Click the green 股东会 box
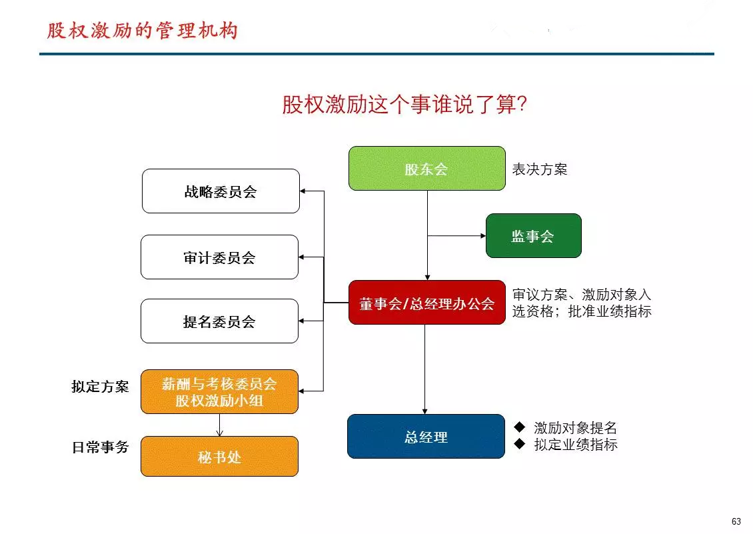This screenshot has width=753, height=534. [427, 168]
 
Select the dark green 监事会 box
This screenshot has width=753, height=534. [534, 235]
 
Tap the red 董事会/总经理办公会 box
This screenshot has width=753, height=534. [427, 302]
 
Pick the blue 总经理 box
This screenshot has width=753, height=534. [426, 437]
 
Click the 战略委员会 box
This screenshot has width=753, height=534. [221, 191]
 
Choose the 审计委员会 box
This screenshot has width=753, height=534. [219, 257]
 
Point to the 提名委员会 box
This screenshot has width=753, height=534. [219, 321]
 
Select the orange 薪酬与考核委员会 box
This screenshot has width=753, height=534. [219, 392]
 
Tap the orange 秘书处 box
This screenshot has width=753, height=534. [219, 457]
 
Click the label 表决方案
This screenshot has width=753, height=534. [539, 169]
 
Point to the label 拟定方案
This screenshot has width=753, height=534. [100, 387]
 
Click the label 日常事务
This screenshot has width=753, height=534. [100, 447]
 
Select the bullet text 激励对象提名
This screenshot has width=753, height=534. [575, 427]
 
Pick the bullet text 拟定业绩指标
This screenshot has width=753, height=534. [576, 444]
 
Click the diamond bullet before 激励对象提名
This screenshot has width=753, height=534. [520, 427]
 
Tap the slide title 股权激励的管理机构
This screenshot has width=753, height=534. [143, 30]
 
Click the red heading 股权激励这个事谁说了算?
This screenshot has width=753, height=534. [404, 104]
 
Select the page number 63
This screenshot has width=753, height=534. [736, 521]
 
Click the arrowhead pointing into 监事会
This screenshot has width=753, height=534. [483, 235]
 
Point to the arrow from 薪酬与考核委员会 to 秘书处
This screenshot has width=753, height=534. [219, 425]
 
